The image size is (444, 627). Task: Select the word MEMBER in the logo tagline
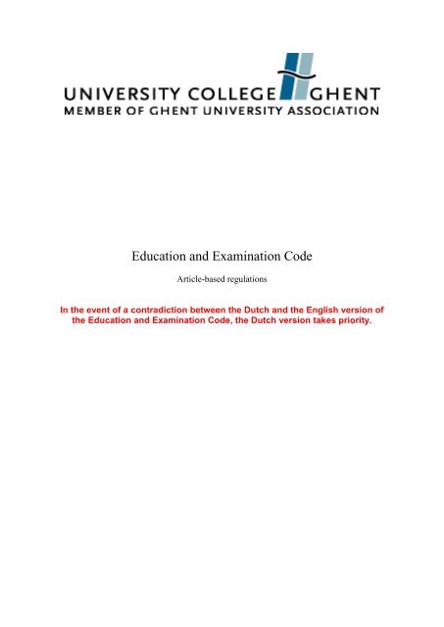[90, 111]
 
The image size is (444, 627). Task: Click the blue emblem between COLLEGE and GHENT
[293, 77]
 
